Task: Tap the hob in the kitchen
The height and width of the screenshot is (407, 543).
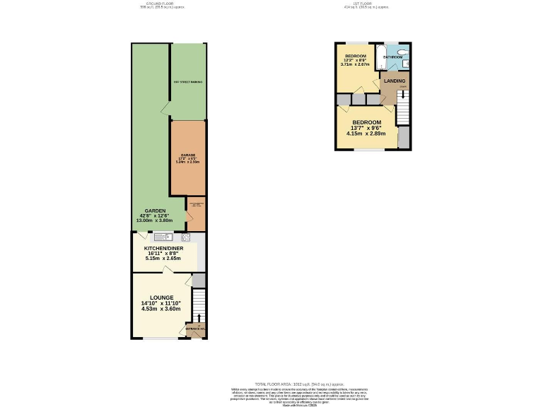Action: (186, 237)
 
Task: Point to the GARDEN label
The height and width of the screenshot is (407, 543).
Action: (155, 211)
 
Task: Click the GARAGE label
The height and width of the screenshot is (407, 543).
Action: (187, 155)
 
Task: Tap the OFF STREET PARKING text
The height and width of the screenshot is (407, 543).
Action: (188, 82)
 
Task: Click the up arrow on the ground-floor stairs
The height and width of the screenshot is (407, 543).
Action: (199, 317)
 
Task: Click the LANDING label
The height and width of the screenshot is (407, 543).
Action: (395, 81)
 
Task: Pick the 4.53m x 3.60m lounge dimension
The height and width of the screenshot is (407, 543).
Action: (160, 309)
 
